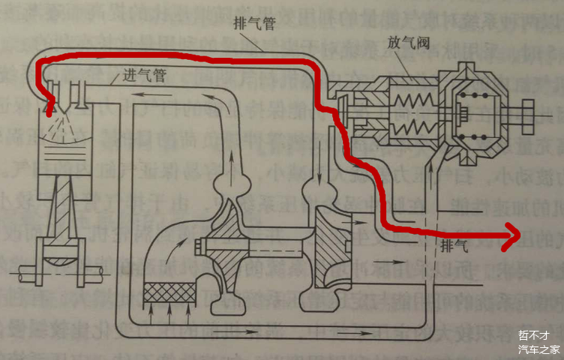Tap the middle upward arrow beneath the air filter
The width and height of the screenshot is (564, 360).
pos(169,308)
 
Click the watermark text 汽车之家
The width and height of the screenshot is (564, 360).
pos(538,349)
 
